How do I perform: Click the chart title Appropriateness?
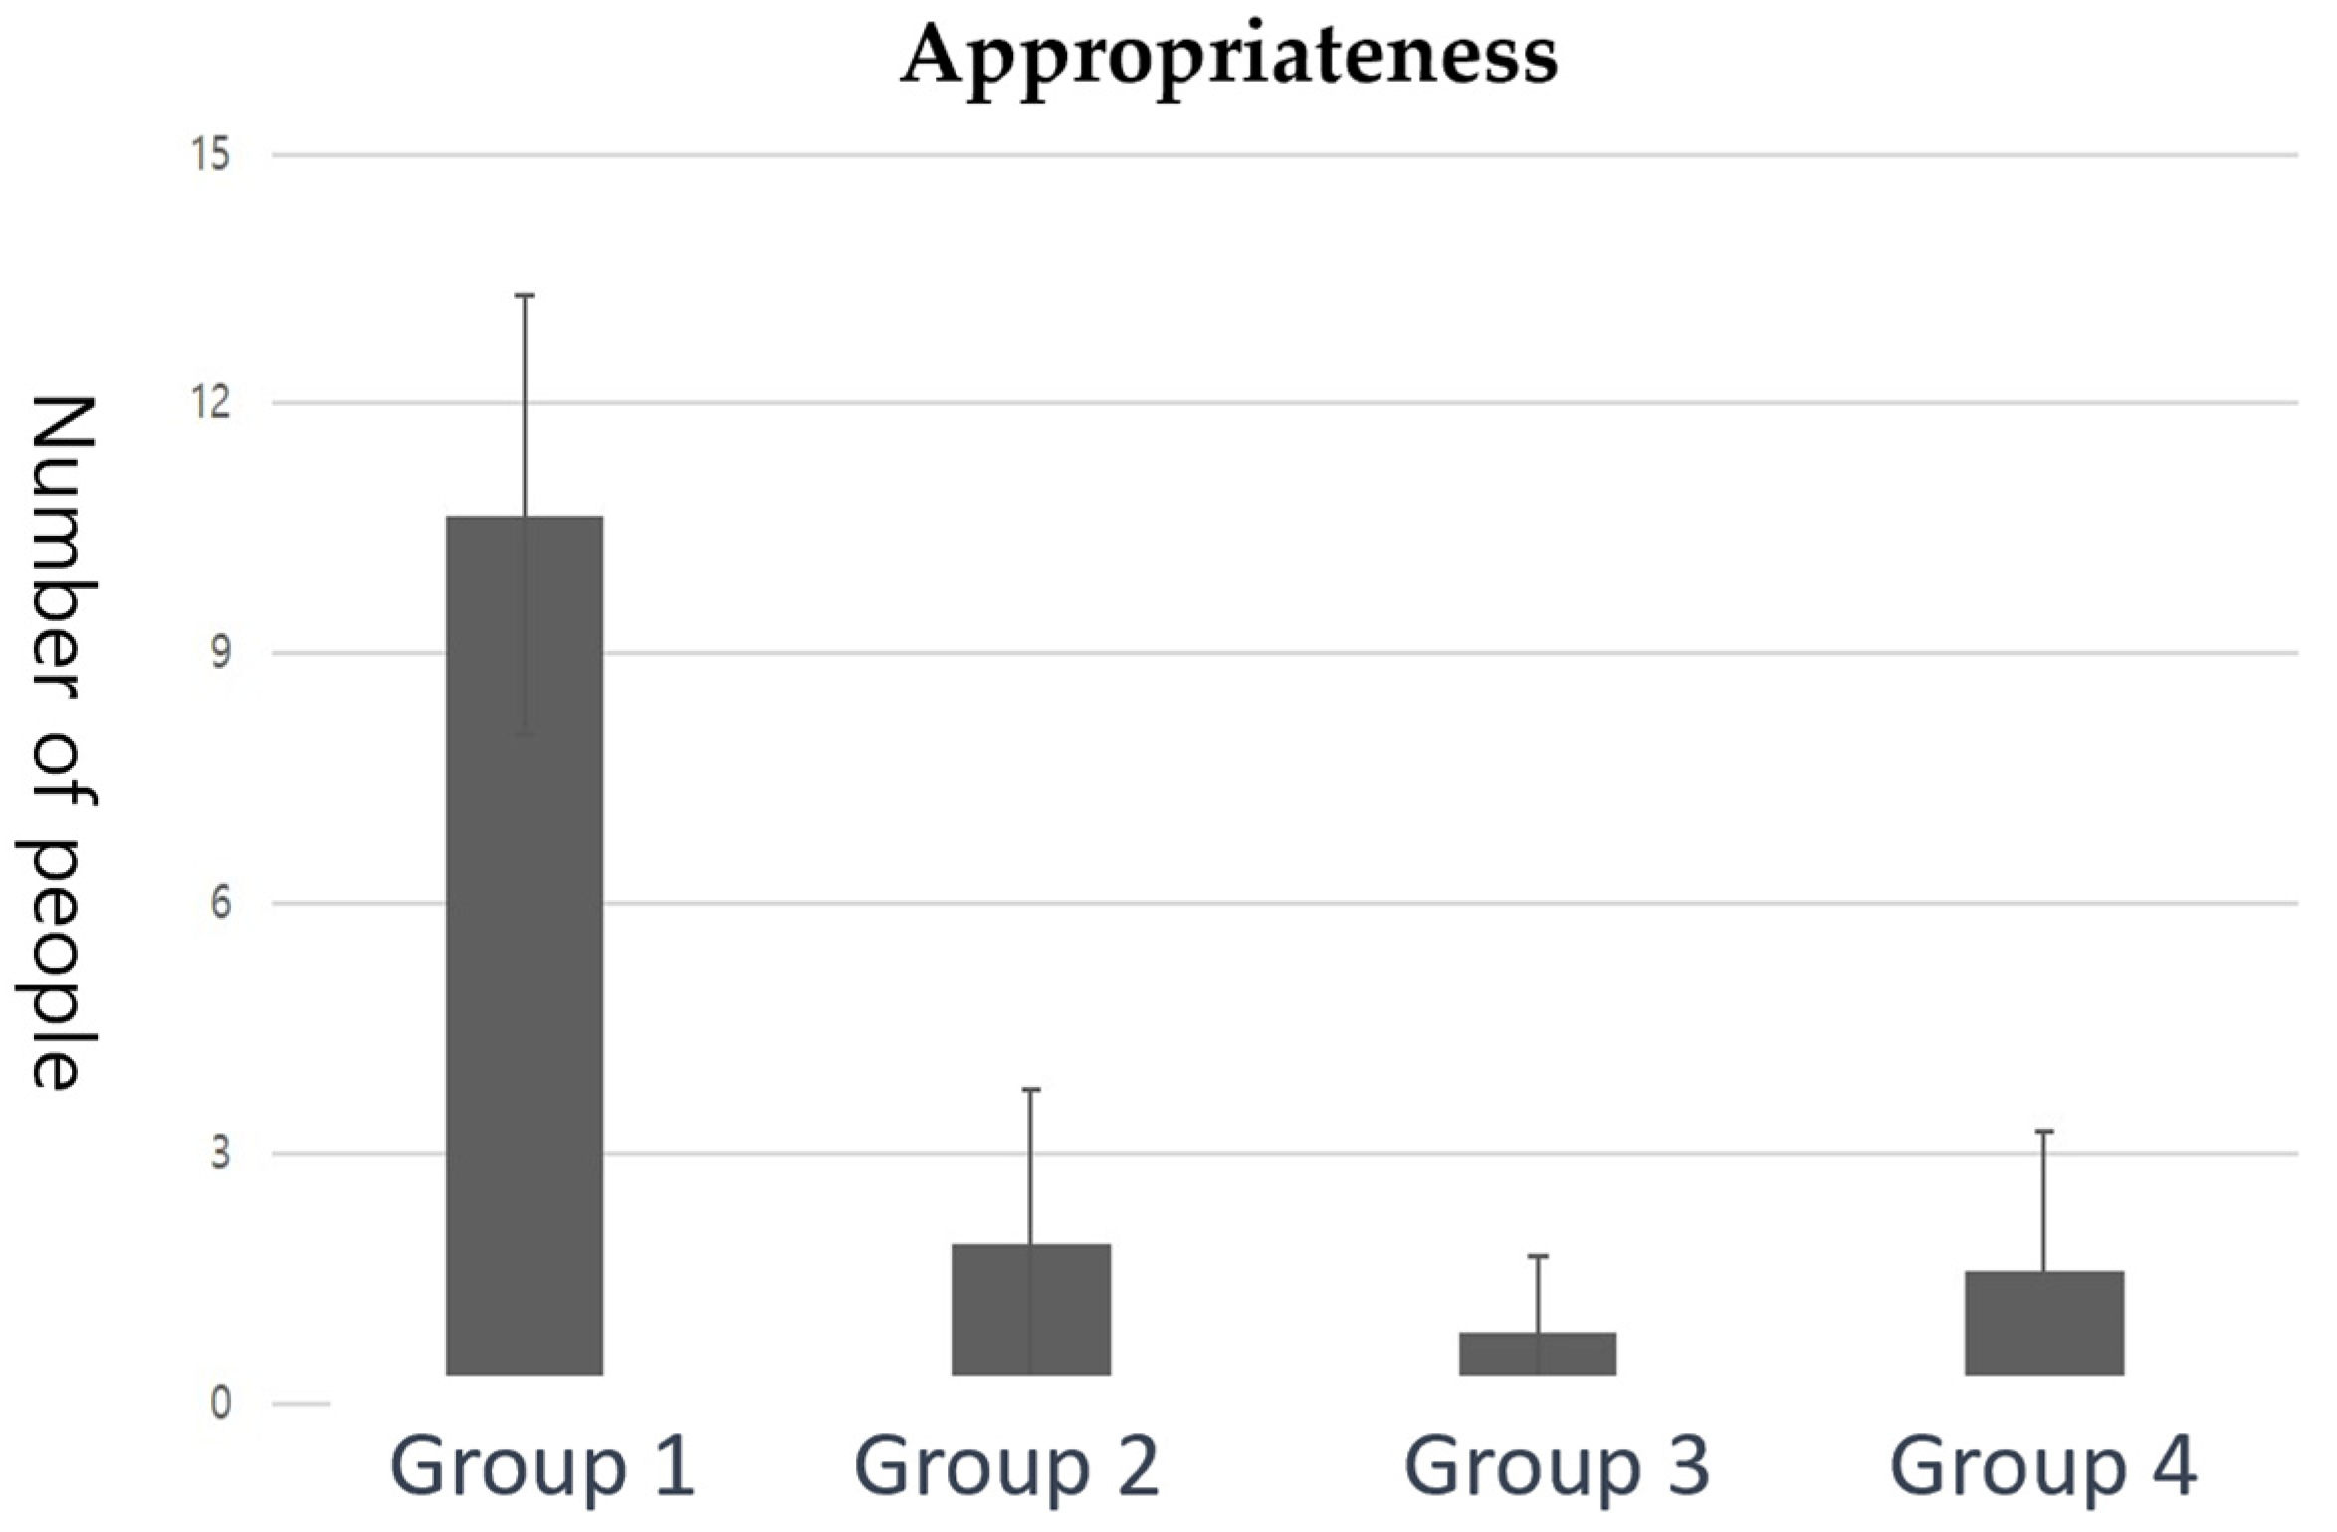point(1228,56)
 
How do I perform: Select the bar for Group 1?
point(524,946)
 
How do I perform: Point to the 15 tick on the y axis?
point(212,155)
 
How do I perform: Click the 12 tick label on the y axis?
point(212,403)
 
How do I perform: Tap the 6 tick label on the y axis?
point(220,903)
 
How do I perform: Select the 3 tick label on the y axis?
point(220,1154)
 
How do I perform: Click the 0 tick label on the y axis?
point(220,1404)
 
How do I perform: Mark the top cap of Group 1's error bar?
point(525,295)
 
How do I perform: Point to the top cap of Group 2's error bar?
point(1031,1090)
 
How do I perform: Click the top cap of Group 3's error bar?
point(1539,1256)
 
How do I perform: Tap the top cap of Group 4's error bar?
point(2045,1132)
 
